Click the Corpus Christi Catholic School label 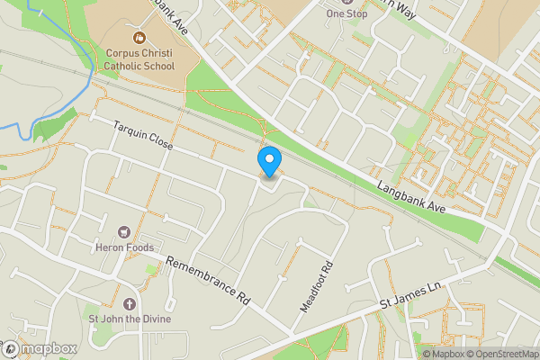click(139, 59)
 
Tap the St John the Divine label click(128, 319)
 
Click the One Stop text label click(347, 14)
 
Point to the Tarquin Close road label click(142, 138)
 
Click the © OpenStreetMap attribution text click(501, 353)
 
